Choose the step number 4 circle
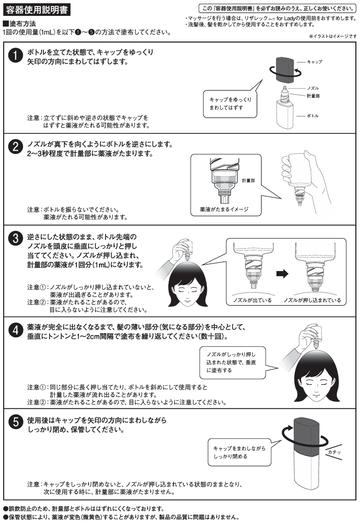(15, 330)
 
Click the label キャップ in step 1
(314, 62)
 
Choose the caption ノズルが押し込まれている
(312, 300)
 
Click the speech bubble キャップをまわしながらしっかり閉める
(238, 452)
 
